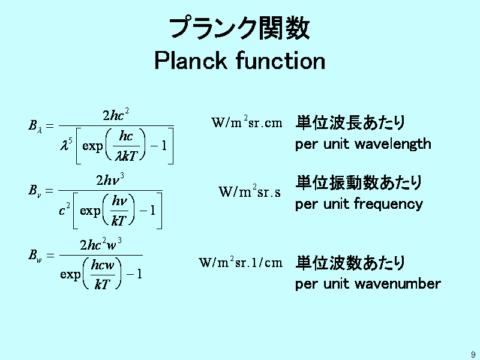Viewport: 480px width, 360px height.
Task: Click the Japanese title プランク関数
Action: (x=239, y=28)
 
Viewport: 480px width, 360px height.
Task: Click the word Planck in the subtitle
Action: (x=190, y=61)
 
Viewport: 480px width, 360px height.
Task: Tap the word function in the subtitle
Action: (x=280, y=61)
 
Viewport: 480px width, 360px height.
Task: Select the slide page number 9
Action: (x=473, y=355)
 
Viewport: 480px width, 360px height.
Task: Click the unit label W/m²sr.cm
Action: (x=247, y=122)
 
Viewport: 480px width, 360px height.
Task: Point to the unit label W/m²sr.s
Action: (x=250, y=191)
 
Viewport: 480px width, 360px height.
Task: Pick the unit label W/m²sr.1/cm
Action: (x=241, y=262)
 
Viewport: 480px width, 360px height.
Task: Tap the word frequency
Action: (x=388, y=204)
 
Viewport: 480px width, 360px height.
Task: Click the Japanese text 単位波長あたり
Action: (x=350, y=122)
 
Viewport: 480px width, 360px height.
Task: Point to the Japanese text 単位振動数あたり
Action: (x=359, y=182)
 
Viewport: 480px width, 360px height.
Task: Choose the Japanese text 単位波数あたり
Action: (x=350, y=263)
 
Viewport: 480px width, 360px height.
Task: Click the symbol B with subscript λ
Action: (x=35, y=126)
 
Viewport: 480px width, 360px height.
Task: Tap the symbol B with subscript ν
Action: (x=35, y=190)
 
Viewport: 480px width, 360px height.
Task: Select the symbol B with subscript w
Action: (x=35, y=255)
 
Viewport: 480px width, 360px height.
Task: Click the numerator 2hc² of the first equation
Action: (x=116, y=115)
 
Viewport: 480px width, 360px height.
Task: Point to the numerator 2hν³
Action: (x=110, y=179)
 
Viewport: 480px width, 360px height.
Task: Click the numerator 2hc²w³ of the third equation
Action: (x=101, y=244)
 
